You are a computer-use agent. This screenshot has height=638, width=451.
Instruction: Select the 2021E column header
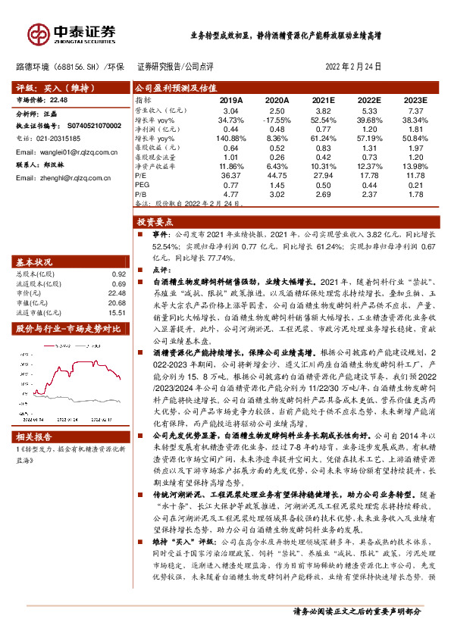click(322, 100)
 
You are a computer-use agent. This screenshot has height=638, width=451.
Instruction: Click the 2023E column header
click(415, 100)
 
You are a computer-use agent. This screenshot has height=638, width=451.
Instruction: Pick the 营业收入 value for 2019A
click(230, 111)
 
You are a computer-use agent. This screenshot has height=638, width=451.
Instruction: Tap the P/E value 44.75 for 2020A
click(277, 174)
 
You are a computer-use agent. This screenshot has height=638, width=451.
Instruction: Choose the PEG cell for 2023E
click(415, 184)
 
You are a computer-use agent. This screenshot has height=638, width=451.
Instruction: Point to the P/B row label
click(143, 194)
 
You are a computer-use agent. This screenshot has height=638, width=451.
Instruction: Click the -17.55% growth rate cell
click(277, 120)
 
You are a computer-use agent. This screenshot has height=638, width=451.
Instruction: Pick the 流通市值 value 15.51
click(117, 312)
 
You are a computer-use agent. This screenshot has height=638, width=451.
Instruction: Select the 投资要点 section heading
click(155, 222)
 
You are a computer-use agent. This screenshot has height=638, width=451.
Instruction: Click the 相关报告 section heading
click(35, 437)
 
